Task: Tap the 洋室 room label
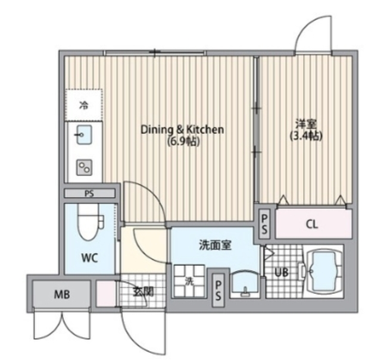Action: tap(306, 124)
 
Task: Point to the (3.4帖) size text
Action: tap(306, 136)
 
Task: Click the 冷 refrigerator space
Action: tap(84, 106)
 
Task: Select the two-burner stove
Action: tap(84, 167)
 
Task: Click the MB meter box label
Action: tap(61, 295)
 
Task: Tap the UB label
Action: tap(281, 273)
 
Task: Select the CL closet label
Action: tap(312, 224)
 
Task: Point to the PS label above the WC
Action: tap(90, 193)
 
